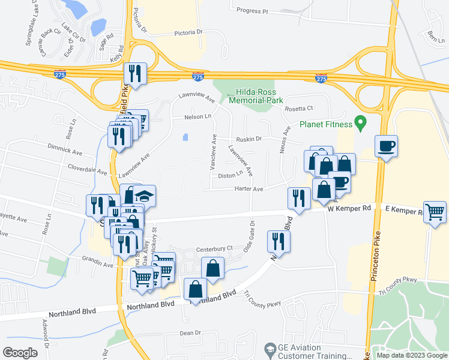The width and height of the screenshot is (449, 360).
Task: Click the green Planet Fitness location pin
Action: pos(360,125)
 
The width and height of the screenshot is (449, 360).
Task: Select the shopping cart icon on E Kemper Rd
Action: pos(435,211)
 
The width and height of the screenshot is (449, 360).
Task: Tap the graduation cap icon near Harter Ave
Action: pos(145,196)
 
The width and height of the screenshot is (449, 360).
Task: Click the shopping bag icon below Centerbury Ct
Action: pos(213,268)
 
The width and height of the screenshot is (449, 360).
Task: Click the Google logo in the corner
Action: pos(20,353)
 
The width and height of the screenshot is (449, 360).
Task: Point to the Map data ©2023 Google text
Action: pos(411,355)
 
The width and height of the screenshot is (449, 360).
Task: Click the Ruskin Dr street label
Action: pos(249,139)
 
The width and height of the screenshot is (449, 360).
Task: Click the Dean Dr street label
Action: pos(190,333)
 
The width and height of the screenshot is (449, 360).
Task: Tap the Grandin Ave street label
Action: pos(98,265)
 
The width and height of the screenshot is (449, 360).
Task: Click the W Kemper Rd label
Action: pos(350,208)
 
